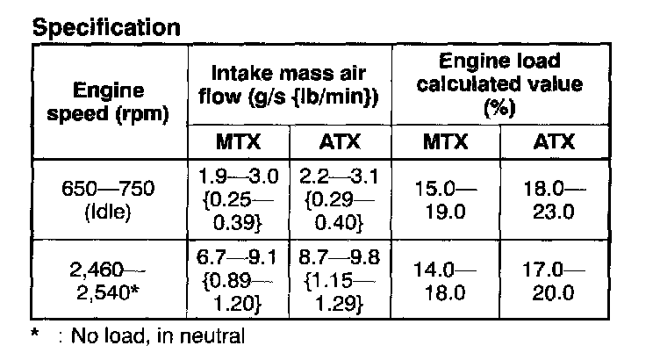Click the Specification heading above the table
click(106, 26)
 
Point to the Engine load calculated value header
click(499, 84)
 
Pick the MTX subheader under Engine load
click(444, 141)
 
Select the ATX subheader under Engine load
click(552, 141)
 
